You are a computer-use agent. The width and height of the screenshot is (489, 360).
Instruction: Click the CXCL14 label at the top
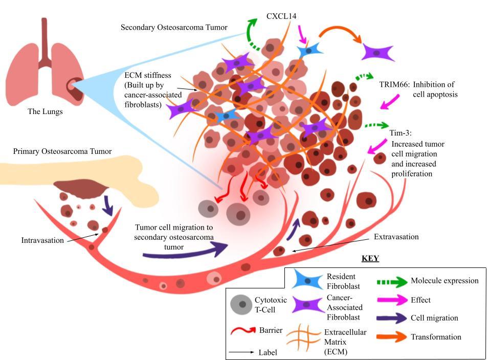(x=281, y=16)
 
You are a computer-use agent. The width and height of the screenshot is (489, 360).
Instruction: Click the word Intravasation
(x=42, y=240)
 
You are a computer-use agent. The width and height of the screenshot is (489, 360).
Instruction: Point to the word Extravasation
(x=396, y=237)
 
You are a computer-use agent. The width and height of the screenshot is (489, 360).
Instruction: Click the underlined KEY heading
(x=370, y=258)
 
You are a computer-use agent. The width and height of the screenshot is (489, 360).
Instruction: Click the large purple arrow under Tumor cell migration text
(x=184, y=250)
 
